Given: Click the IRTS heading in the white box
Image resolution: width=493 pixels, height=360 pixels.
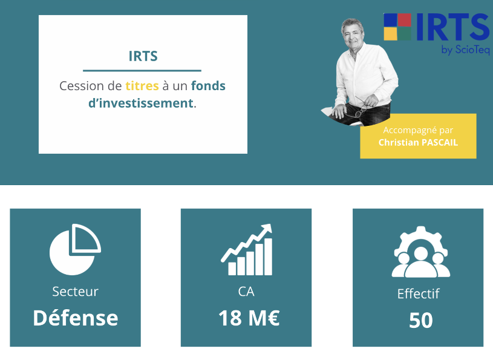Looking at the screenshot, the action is tap(143, 56).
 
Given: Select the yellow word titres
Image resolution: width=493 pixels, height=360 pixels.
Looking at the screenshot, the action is tap(142, 86).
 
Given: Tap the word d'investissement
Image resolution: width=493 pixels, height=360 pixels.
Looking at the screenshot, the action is tap(141, 103).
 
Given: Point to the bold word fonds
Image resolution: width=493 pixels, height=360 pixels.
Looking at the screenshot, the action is tap(208, 86).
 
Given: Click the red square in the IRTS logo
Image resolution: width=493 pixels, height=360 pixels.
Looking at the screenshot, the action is tap(405, 19).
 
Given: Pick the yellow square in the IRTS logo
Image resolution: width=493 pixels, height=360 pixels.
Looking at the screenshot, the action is tap(391, 34).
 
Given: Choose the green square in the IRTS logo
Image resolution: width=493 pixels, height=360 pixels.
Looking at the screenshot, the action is tap(405, 34).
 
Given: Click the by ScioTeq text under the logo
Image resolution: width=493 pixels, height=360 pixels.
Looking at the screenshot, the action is tap(465, 50).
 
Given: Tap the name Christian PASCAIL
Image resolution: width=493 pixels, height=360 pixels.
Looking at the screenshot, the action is tap(418, 142).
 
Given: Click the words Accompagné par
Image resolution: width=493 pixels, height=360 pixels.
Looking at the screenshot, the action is tap(418, 130).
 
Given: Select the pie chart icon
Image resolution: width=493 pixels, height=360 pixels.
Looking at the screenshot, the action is tap(75, 250).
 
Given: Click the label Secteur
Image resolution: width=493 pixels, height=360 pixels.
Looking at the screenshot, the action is tap(75, 292).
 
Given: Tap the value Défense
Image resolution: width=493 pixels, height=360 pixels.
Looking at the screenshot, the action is tap(76, 318).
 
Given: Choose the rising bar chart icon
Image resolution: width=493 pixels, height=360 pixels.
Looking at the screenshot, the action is tap(247, 250).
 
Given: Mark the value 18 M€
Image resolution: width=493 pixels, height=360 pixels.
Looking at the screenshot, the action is tap(249, 318).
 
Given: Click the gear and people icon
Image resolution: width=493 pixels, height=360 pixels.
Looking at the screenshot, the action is tap(420, 252).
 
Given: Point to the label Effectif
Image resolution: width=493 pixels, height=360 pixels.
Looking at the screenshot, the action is tap(418, 293).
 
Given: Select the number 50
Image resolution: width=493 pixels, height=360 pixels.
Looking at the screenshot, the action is tap(421, 321).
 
